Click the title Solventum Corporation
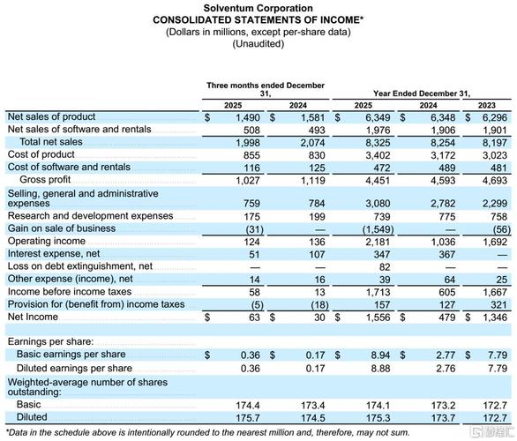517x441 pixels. [258, 7]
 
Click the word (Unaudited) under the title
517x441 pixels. [258, 44]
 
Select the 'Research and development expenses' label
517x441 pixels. [90, 216]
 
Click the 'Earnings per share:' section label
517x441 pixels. [52, 340]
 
